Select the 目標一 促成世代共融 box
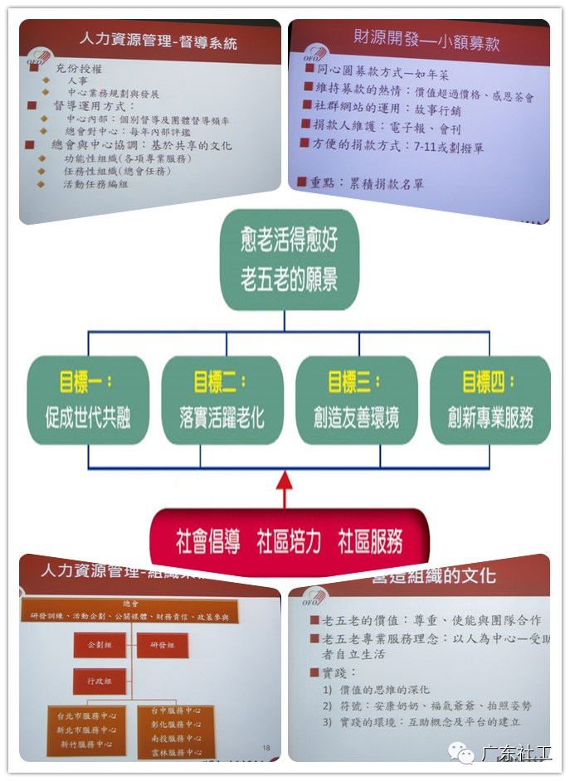pos(88,400)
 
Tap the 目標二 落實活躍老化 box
pos(222,400)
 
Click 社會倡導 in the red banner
pos(208,542)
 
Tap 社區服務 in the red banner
pos(370,542)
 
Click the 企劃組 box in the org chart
pos(90,643)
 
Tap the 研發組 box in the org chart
pos(162,643)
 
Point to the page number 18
pos(266,748)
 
